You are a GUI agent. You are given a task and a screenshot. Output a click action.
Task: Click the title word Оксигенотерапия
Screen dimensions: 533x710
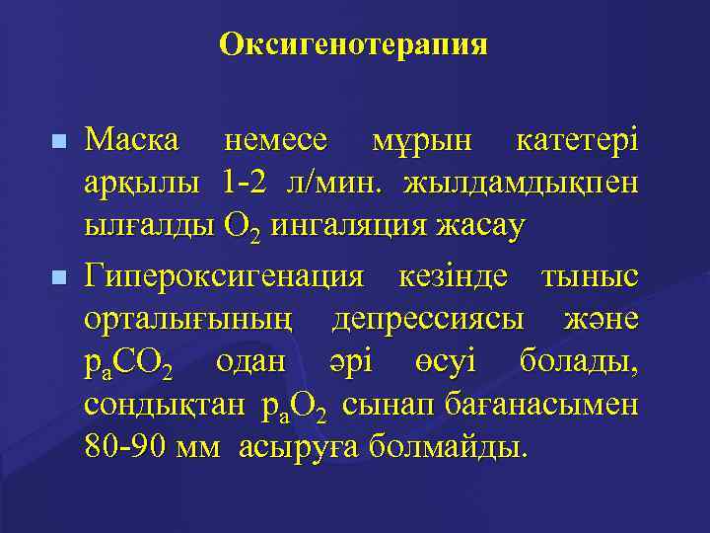(354, 44)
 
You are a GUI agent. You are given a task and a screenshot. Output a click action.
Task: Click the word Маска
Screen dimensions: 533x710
(132, 141)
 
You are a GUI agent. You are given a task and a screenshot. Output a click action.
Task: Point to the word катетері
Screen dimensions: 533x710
(577, 141)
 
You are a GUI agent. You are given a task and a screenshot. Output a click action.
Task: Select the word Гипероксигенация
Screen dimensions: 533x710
(225, 277)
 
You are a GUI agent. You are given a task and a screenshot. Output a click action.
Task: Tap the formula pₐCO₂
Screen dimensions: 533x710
(128, 364)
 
